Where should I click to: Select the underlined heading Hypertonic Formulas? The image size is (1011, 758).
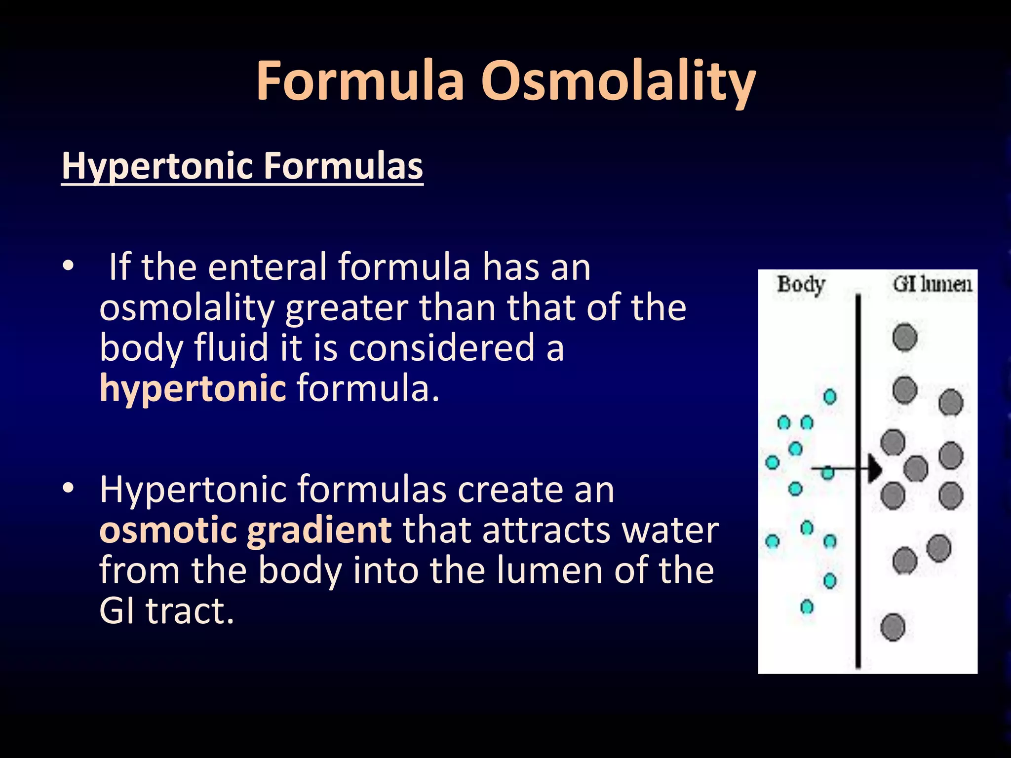(x=242, y=166)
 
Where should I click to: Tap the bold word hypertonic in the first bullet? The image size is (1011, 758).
(x=193, y=388)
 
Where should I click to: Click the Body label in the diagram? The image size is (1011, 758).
(x=801, y=285)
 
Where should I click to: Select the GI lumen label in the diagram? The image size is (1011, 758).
(x=932, y=285)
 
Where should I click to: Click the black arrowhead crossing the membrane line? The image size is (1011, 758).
(x=874, y=468)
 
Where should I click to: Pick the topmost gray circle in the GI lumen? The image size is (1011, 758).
(x=905, y=338)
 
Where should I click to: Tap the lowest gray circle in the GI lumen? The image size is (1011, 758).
(x=893, y=627)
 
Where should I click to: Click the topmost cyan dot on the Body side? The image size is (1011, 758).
(x=830, y=396)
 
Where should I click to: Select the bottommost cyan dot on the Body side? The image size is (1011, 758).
(x=807, y=606)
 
